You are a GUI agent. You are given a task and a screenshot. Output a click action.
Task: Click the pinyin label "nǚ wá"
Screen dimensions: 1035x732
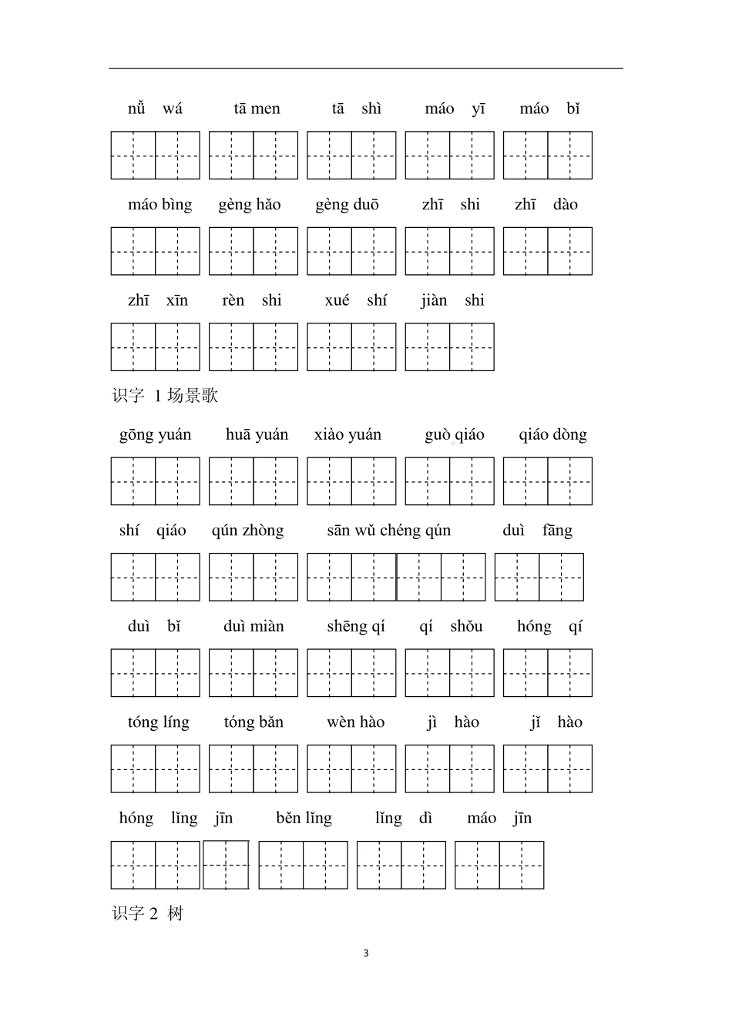coord(155,109)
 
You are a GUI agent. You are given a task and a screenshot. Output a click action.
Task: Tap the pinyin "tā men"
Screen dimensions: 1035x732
coord(257,109)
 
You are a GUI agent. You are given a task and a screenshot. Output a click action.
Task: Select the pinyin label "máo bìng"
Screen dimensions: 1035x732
coord(159,205)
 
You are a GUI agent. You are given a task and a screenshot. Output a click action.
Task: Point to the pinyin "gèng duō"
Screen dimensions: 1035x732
coord(347,205)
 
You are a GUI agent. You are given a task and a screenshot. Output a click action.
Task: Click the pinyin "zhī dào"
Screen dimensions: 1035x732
coord(546,205)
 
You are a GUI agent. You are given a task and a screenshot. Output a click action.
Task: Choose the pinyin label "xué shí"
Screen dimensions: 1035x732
coord(355,300)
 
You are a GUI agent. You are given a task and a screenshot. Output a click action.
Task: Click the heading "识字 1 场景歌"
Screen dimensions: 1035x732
coord(165,396)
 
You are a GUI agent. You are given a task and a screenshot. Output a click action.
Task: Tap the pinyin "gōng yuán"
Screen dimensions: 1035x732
coord(155,435)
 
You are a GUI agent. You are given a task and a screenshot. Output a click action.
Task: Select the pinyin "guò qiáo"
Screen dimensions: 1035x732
coord(454,435)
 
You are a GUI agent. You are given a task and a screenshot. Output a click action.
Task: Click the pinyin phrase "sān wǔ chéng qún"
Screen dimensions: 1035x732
coord(388,531)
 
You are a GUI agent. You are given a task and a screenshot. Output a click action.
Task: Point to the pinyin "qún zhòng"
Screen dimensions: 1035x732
coord(247,531)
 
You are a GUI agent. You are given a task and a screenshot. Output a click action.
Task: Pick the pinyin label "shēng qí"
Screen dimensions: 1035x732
coord(355,627)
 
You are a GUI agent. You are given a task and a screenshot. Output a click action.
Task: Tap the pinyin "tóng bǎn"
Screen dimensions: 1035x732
coord(254,722)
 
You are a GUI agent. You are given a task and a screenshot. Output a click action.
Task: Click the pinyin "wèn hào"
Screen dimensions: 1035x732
coord(355,722)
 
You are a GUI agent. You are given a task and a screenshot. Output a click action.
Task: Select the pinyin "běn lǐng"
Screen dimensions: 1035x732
coord(304,819)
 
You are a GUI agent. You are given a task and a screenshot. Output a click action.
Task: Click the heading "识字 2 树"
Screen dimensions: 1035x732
coord(148,914)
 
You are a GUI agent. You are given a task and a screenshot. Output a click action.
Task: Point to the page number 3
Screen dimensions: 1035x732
coord(366,953)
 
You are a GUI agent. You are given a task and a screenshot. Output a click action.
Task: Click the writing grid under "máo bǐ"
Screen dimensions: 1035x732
coord(548,156)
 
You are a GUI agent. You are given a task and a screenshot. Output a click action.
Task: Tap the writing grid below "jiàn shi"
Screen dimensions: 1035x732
coord(449,347)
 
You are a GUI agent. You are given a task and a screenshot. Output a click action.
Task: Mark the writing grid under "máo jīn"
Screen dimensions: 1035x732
coord(499,865)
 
